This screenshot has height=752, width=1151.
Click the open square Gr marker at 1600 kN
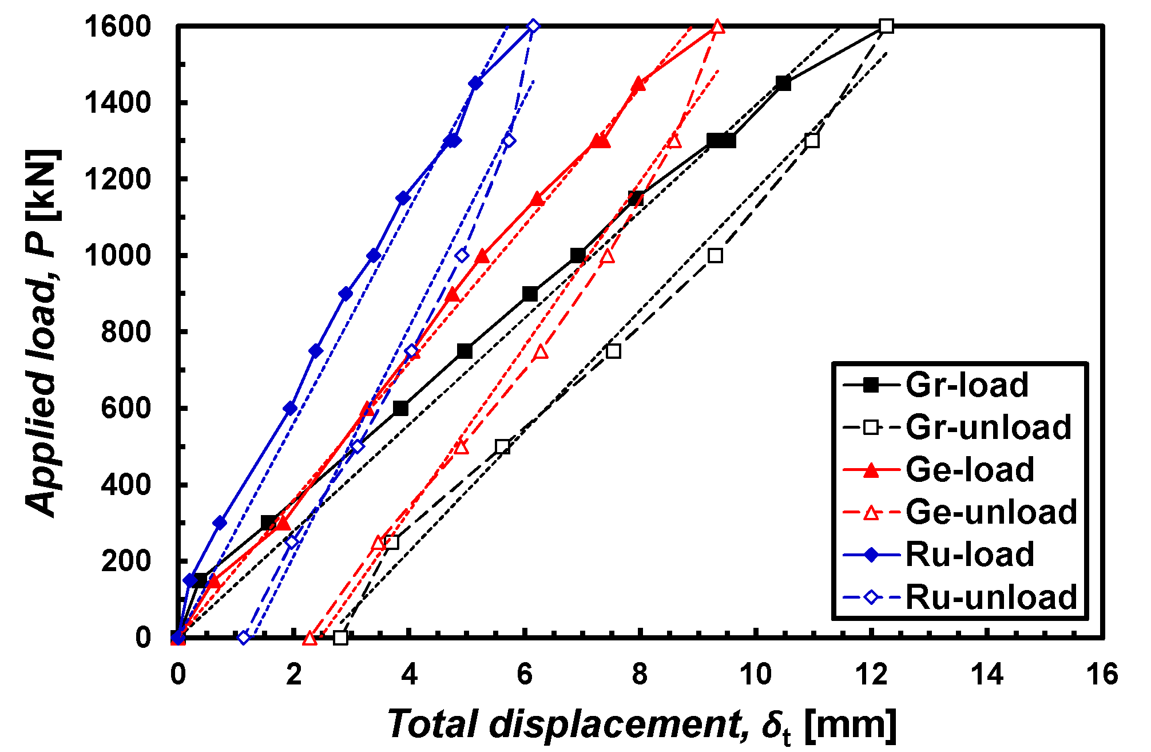click(887, 26)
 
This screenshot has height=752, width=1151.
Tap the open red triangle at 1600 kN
click(718, 27)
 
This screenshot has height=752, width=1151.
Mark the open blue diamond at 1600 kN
click(533, 26)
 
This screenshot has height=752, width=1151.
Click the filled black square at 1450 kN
click(783, 84)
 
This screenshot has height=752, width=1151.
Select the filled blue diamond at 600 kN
click(291, 408)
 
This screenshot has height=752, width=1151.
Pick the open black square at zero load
click(340, 637)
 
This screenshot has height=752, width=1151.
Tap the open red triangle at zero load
click(309, 638)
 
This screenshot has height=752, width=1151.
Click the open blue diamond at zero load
click(244, 637)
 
